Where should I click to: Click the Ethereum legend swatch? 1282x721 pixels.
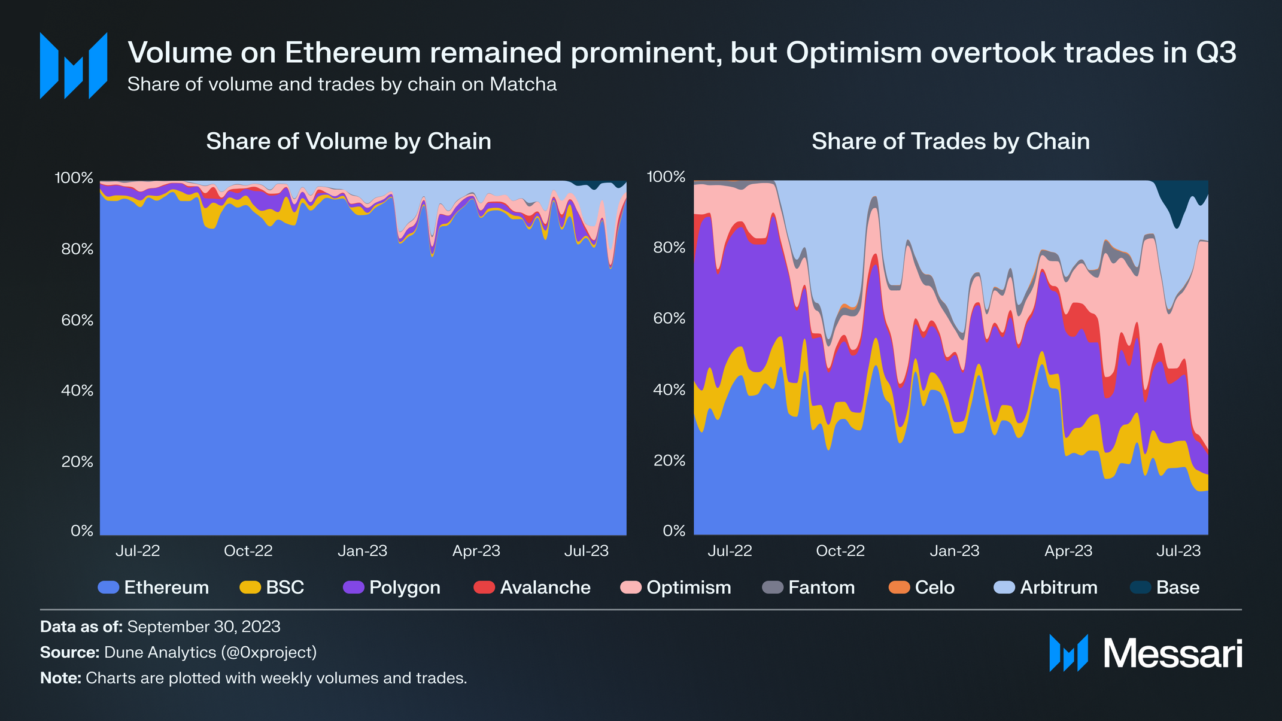click(108, 588)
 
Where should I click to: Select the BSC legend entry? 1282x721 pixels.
click(272, 588)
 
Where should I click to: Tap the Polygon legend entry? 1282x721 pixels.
click(391, 588)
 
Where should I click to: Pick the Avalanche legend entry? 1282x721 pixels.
click(532, 588)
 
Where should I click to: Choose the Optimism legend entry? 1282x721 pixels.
click(676, 588)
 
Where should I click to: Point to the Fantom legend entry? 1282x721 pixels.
click(809, 588)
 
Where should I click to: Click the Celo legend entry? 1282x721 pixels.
click(922, 588)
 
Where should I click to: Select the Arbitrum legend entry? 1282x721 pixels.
click(1046, 588)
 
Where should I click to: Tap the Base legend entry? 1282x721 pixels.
click(1165, 588)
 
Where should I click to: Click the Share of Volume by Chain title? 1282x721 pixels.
click(348, 142)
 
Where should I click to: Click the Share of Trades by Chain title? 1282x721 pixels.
click(950, 142)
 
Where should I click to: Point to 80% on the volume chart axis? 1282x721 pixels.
click(77, 249)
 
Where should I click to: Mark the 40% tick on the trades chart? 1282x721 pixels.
click(669, 390)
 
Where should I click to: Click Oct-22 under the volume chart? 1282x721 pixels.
click(248, 551)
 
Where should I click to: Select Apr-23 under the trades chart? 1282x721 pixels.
click(1068, 551)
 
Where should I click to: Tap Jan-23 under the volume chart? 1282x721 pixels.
click(362, 551)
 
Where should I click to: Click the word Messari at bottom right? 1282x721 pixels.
click(1172, 653)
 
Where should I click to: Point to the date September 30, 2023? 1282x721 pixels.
click(203, 626)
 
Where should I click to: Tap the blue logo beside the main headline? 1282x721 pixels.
click(74, 66)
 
